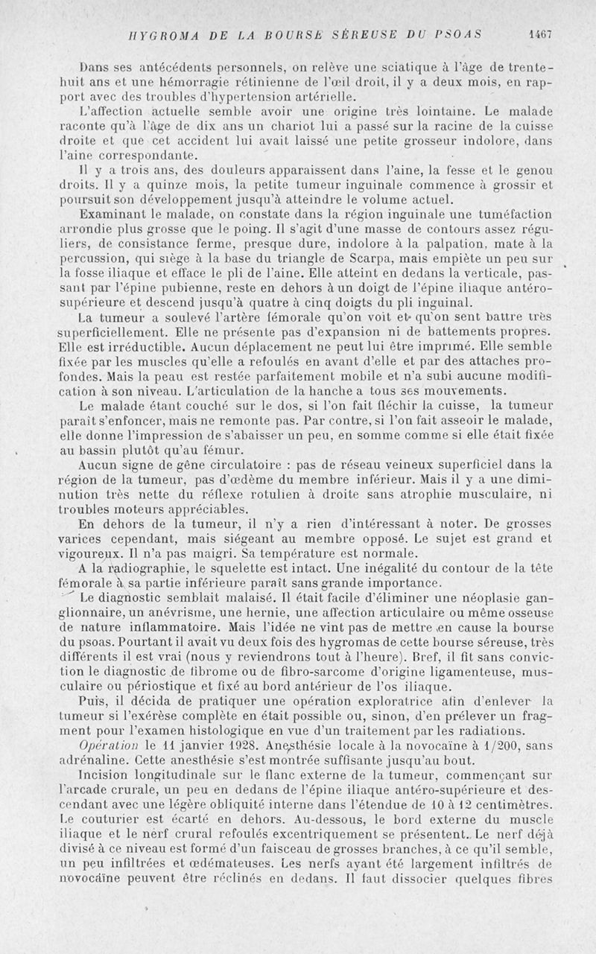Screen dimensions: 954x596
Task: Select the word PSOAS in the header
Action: pyautogui.click(x=459, y=34)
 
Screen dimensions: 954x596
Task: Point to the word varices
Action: pyautogui.click(x=84, y=539)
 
